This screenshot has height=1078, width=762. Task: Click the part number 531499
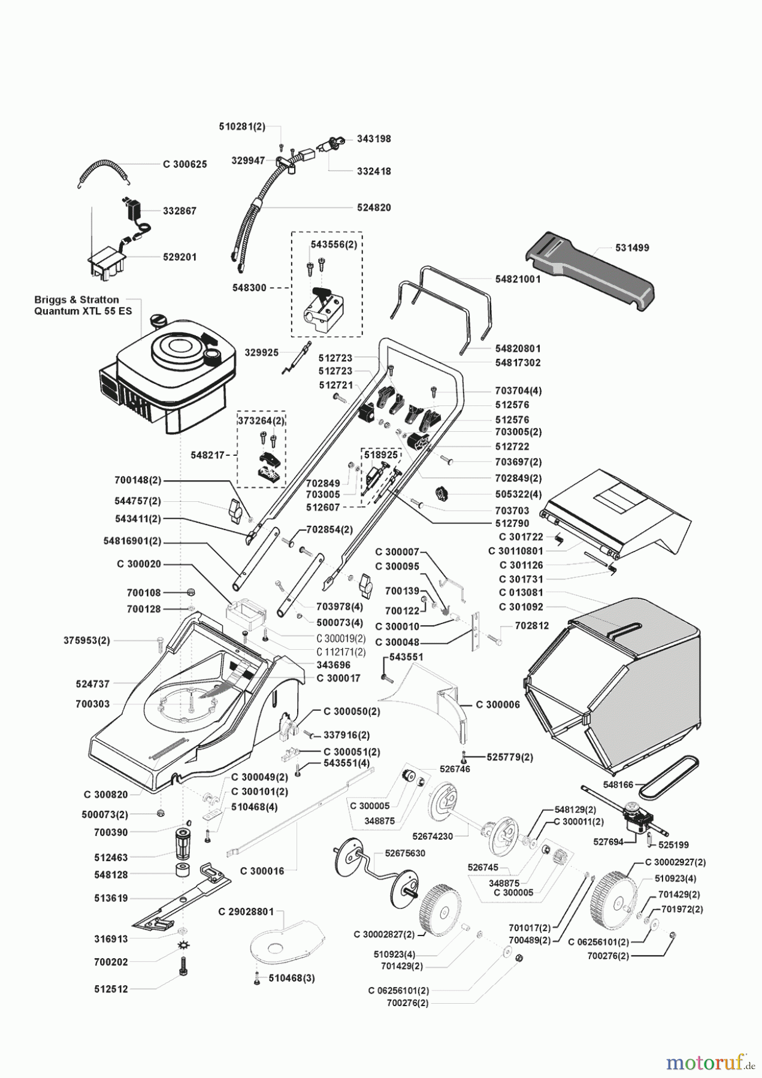(632, 247)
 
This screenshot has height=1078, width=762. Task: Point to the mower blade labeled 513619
(180, 899)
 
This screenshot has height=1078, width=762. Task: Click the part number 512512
(111, 989)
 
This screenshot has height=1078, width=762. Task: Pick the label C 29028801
(246, 912)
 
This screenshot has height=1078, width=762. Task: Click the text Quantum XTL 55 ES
(83, 311)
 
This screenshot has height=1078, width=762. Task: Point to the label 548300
(249, 288)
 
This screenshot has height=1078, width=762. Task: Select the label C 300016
(262, 871)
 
